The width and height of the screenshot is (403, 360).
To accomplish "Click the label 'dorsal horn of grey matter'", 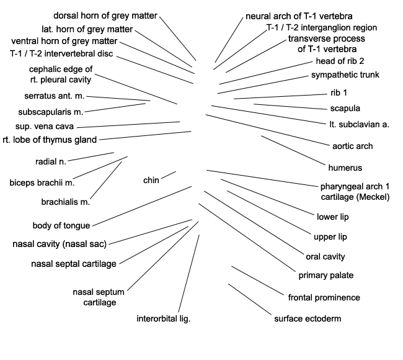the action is click(x=105, y=16).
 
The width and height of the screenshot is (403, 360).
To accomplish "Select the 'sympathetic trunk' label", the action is click(x=345, y=74).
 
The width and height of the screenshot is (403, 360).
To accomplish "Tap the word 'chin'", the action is click(x=151, y=180).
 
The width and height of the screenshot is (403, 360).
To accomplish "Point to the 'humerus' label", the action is click(x=345, y=168).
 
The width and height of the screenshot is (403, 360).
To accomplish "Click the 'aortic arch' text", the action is click(x=352, y=146).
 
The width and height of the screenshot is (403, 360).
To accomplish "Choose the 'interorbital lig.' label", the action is click(x=164, y=318).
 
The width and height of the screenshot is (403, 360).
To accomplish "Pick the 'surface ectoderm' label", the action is click(x=308, y=318).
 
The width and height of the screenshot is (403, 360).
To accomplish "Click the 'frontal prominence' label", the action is click(x=324, y=297).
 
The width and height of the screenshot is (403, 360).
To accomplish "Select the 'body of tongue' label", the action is click(x=61, y=226).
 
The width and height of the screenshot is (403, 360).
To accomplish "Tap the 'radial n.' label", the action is click(x=51, y=161).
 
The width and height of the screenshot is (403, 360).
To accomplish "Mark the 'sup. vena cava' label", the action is click(x=45, y=127).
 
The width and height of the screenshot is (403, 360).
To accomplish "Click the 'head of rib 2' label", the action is click(x=340, y=61).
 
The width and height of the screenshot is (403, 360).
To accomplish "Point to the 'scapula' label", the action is click(x=345, y=109).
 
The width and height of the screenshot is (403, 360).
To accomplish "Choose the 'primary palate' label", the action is click(x=326, y=276).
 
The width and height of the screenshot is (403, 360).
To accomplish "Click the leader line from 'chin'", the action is click(x=169, y=175).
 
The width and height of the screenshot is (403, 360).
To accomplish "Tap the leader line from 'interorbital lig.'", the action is click(x=189, y=273).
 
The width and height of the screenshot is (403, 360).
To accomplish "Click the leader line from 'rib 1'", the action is click(x=280, y=96).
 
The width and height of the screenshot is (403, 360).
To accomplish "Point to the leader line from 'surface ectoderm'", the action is click(x=250, y=299).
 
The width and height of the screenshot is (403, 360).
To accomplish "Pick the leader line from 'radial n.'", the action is click(x=91, y=156).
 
